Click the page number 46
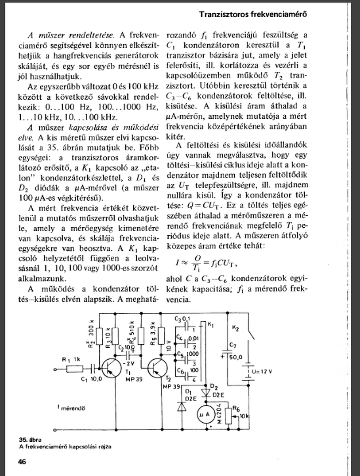pyautogui.click(x=22, y=462)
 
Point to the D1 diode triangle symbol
pyautogui.click(x=182, y=407)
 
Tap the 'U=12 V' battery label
pyautogui.click(x=262, y=371)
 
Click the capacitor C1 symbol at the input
pyautogui.click(x=93, y=369)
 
